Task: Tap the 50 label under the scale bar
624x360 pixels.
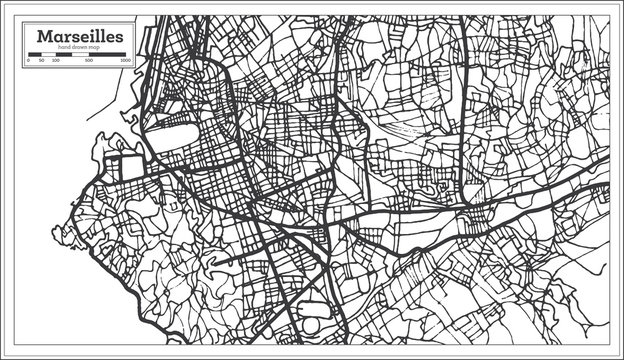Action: pyautogui.click(x=42, y=61)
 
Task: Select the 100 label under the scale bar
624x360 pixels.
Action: pyautogui.click(x=54, y=61)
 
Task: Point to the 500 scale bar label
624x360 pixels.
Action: pyautogui.click(x=90, y=61)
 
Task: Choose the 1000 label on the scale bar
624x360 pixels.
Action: pyautogui.click(x=125, y=61)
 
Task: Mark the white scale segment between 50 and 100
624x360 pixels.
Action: pyautogui.click(x=48, y=55)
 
